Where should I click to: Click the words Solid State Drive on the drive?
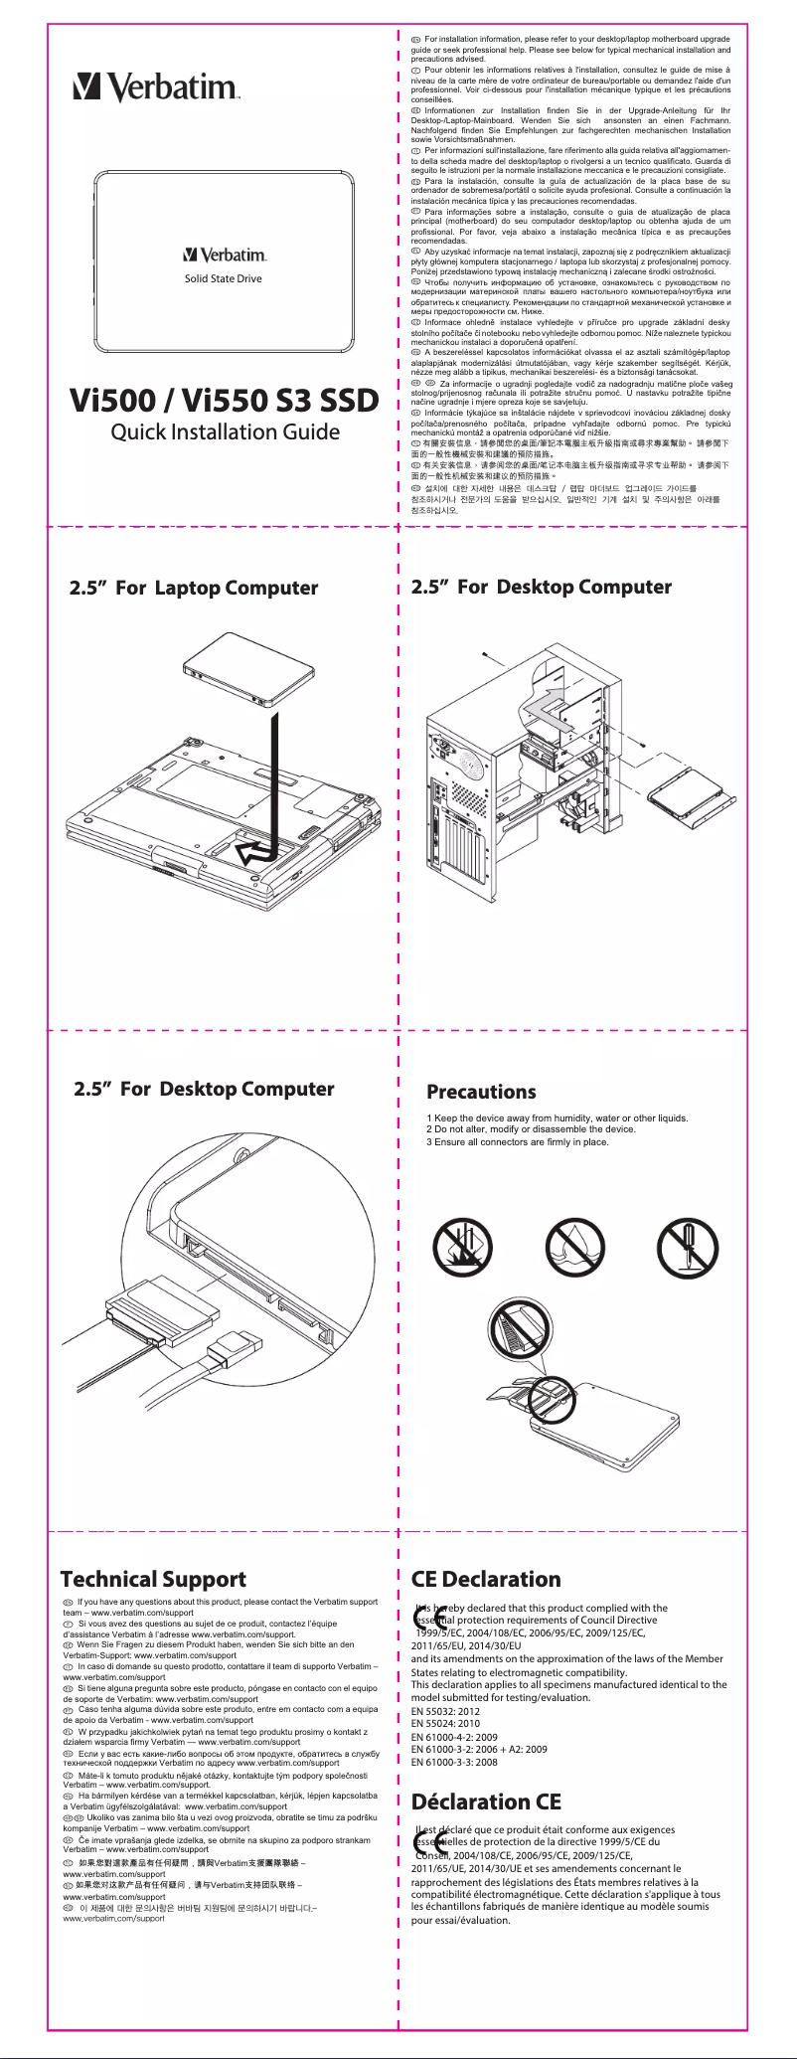[223, 278]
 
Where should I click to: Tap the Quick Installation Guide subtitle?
[225, 431]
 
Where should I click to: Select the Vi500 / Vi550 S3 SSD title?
[224, 401]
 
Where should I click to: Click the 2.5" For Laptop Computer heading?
[194, 588]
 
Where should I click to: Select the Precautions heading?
[481, 1092]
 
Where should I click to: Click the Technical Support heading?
[153, 1579]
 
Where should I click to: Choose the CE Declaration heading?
[486, 1579]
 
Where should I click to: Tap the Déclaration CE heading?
[486, 1802]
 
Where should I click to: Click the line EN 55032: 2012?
[445, 1712]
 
